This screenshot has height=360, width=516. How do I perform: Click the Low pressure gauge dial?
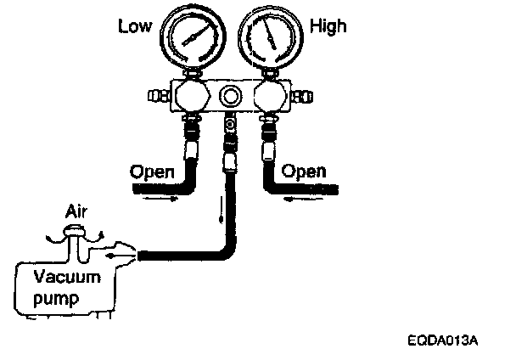point(193,41)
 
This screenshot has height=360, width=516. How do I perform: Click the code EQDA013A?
point(442,341)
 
